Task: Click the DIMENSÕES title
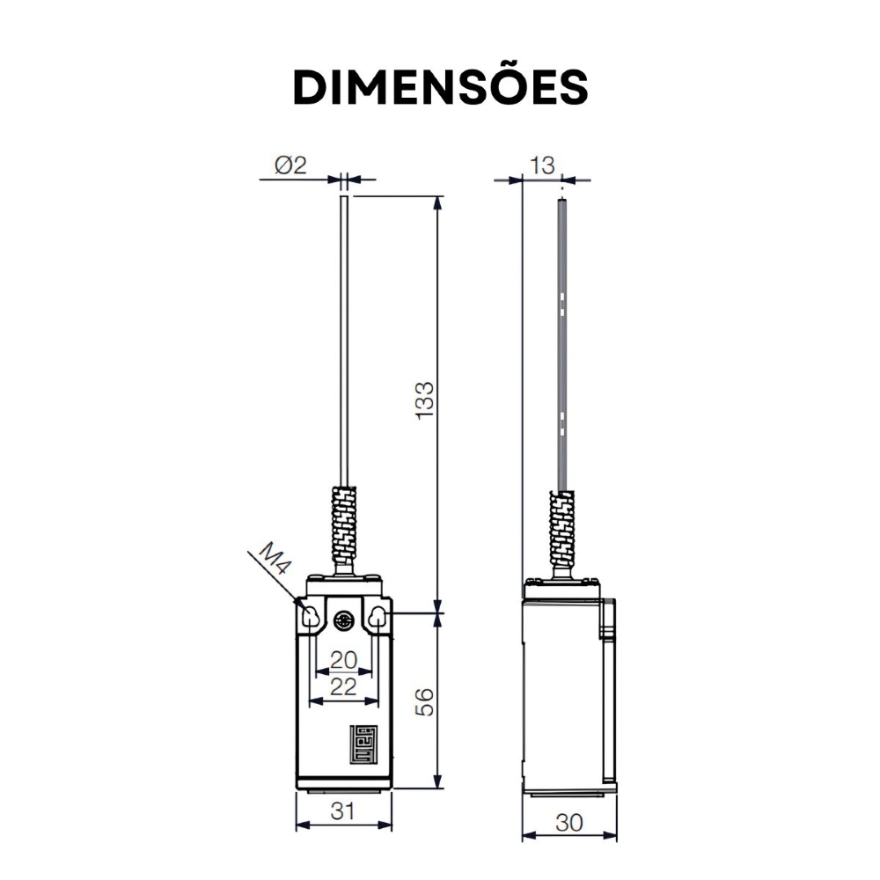coord(440,87)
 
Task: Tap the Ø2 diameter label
coord(290,165)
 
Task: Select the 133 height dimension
coord(425,400)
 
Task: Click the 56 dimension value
coord(425,701)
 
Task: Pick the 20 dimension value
coord(343,660)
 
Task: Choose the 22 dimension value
coord(343,686)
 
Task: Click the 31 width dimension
coord(342,810)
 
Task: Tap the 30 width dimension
coord(569,823)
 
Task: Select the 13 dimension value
coord(542,165)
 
